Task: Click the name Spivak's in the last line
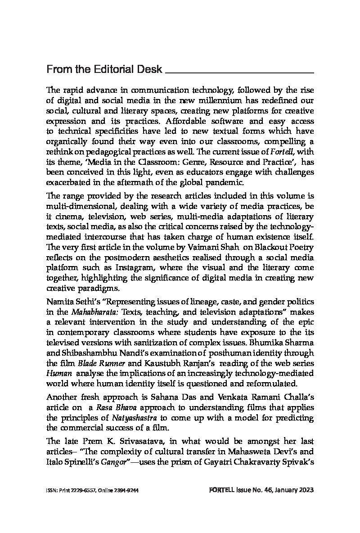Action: click(294, 461)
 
